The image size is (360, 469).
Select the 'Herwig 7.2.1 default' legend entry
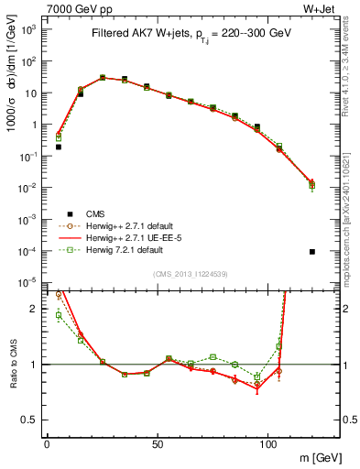coord(124,249)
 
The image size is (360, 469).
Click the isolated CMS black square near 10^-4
coord(313,252)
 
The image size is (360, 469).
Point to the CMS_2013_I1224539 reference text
coord(191,272)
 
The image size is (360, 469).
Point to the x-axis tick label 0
coord(47,443)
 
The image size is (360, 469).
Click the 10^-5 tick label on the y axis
coord(28,282)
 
